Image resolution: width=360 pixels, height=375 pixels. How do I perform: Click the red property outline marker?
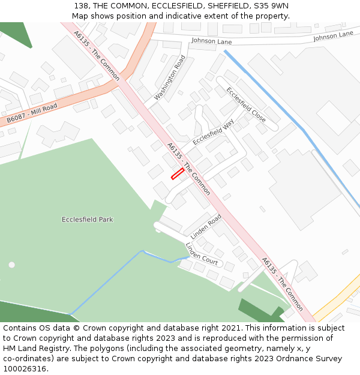point(178,173)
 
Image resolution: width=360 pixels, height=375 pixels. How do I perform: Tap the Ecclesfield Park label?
point(87,220)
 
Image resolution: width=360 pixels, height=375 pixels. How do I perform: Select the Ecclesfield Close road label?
point(246,104)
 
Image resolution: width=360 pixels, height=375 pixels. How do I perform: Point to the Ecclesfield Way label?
point(214,132)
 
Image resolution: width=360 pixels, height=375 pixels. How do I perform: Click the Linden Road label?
point(206,226)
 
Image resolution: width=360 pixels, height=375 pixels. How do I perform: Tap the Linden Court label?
point(201,254)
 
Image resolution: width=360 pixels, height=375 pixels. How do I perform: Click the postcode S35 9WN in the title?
point(270,6)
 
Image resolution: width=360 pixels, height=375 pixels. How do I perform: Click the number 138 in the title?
point(82,6)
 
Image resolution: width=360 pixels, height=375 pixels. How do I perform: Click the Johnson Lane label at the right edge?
point(333,35)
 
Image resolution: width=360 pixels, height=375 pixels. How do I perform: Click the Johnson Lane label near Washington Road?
point(211,40)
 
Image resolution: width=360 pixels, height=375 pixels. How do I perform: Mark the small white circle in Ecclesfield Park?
point(11,265)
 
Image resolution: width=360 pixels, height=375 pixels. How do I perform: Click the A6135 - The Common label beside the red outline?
point(188,169)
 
